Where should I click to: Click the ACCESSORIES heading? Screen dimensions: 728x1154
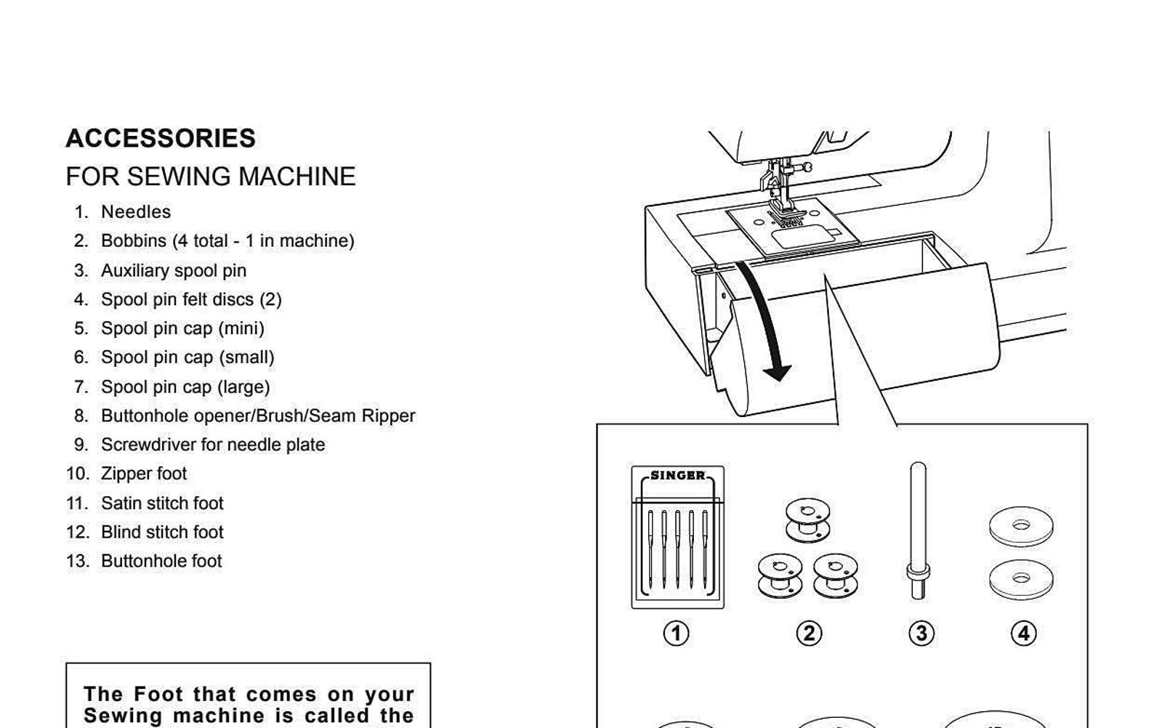(161, 138)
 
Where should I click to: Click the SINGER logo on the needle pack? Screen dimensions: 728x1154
(677, 476)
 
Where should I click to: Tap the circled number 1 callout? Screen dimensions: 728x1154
(676, 633)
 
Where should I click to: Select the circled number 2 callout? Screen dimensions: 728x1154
(809, 633)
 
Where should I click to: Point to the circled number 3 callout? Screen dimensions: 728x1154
(921, 633)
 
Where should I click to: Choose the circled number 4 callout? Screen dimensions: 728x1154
(1023, 633)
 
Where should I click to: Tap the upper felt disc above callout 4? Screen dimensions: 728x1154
(1021, 526)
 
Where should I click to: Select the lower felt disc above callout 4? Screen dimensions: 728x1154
(1021, 579)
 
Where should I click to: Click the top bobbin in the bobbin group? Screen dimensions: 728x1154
(807, 519)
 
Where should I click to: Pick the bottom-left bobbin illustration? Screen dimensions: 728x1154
(779, 575)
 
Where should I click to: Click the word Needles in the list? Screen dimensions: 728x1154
(136, 212)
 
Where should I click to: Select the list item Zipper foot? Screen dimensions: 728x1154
(144, 474)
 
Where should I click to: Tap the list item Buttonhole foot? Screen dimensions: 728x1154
(161, 561)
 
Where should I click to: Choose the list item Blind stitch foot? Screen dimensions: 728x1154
(162, 532)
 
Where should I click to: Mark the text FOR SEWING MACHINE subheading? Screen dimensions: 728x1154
(211, 177)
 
